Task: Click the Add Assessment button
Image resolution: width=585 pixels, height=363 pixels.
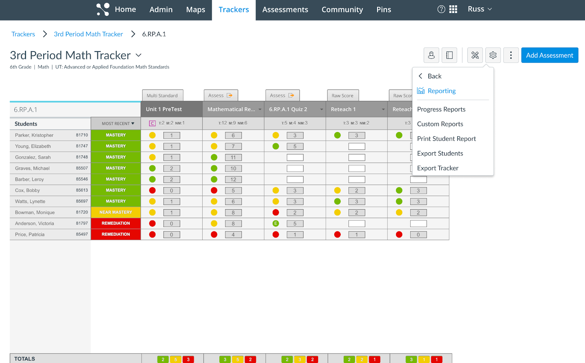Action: click(550, 55)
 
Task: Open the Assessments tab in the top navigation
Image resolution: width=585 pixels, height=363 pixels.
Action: click(285, 10)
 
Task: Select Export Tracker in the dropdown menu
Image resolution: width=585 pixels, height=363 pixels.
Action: click(438, 168)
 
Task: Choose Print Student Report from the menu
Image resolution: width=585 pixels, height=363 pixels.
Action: click(446, 139)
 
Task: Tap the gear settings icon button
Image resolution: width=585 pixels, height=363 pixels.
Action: click(493, 55)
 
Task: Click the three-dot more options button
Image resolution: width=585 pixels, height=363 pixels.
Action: click(511, 55)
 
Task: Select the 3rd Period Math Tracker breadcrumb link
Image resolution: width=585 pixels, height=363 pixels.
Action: click(88, 34)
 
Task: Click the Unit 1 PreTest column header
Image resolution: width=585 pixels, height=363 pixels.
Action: click(164, 109)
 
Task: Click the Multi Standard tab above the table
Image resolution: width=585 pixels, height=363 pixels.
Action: click(162, 95)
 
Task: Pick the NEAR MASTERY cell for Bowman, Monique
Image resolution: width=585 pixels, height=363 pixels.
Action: click(116, 212)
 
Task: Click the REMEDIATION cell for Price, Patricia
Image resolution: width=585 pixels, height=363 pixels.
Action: click(116, 234)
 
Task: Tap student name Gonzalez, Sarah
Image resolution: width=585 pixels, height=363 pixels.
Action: click(33, 157)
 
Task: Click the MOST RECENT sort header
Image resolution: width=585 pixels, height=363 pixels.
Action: click(118, 124)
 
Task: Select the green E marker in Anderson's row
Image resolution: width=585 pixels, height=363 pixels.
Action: click(276, 223)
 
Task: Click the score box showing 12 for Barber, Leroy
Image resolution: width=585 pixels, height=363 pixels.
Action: click(233, 179)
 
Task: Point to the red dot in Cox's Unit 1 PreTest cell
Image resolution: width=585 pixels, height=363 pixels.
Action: click(152, 190)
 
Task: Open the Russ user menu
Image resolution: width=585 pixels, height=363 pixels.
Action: click(480, 9)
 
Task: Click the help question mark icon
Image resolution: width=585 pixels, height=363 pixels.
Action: click(441, 10)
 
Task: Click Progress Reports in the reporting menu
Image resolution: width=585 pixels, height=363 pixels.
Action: click(441, 109)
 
